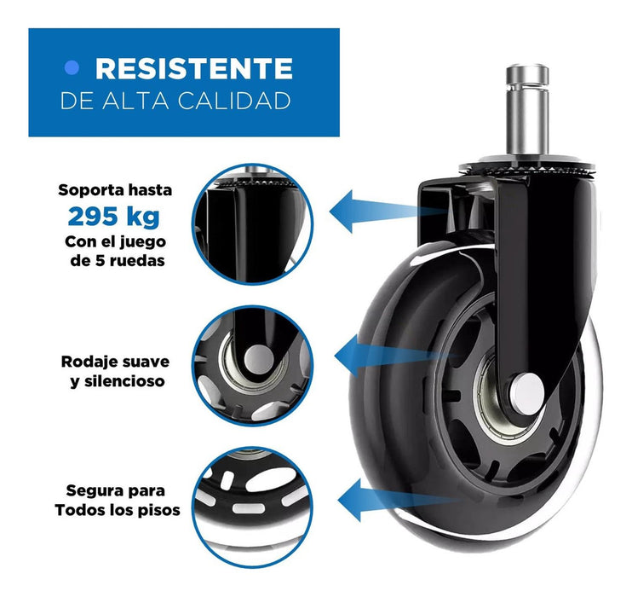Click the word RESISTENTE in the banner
pyautogui.click(x=194, y=68)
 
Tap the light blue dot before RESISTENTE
pyautogui.click(x=72, y=68)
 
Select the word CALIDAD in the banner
pyautogui.click(x=234, y=101)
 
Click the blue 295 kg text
pyautogui.click(x=114, y=217)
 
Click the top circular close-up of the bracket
pyautogui.click(x=253, y=224)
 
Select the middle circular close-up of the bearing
pyautogui.click(x=253, y=366)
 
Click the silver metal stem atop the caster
pyautogui.click(x=527, y=110)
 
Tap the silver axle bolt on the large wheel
pyautogui.click(x=526, y=393)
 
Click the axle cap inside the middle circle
pyautogui.click(x=259, y=359)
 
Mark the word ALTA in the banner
pyautogui.click(x=135, y=101)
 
